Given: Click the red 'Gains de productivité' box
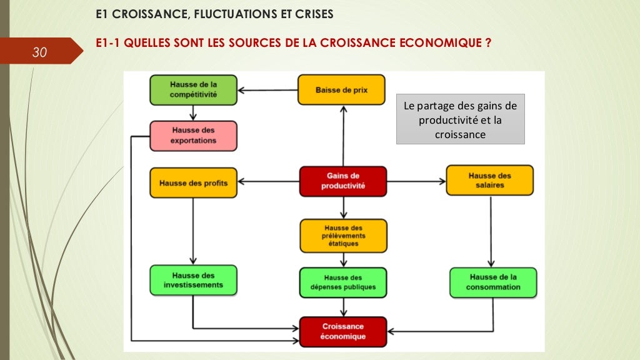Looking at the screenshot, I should tap(342, 181).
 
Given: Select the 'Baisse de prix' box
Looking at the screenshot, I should tap(341, 90).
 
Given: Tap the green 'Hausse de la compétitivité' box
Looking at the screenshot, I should tap(193, 90).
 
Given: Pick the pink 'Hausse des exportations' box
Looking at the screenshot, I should tap(193, 136).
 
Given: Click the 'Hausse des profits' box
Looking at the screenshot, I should tap(193, 183).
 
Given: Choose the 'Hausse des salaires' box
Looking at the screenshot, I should tap(489, 181).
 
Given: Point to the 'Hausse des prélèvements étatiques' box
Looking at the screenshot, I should tap(342, 236).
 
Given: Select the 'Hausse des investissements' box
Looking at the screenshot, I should tap(193, 280).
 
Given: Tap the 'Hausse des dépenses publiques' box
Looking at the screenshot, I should tap(342, 282).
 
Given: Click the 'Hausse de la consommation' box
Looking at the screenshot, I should tap(492, 282).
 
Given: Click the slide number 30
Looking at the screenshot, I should tap(39, 53).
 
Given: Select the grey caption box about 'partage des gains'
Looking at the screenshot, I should tap(460, 119).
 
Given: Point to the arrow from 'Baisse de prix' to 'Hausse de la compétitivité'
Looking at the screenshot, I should tap(268, 91).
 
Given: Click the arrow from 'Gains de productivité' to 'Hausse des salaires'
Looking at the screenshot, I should tap(415, 181).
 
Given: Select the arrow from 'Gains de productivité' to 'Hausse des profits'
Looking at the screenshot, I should tap(268, 182).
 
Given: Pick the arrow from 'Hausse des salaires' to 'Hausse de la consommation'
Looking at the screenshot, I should tap(491, 231).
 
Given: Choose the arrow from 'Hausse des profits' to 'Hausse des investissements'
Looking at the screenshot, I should tap(193, 231).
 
